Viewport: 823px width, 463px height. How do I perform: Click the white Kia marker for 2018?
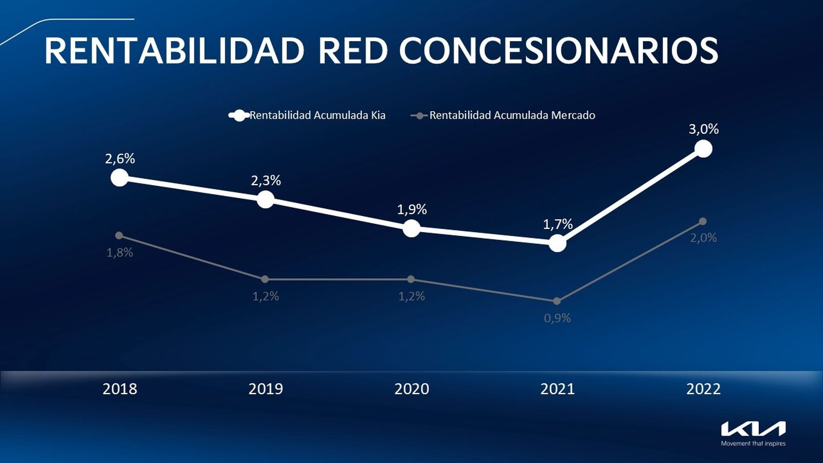[119, 177]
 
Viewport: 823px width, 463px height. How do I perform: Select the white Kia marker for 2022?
[703, 149]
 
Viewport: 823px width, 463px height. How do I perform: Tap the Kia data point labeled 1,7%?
[557, 243]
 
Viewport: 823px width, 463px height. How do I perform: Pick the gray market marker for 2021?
[557, 301]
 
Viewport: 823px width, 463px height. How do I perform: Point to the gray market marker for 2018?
[119, 235]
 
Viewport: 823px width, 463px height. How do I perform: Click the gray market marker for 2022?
[703, 221]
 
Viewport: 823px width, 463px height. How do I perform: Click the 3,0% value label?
[703, 129]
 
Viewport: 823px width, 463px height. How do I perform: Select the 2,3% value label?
[266, 181]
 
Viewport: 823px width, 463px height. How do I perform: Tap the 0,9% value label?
[557, 318]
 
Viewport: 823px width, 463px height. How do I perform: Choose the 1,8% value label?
[119, 253]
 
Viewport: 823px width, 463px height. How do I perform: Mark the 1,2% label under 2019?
[265, 296]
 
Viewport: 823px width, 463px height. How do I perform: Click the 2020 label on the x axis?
[411, 389]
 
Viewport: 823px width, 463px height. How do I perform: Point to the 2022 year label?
[703, 389]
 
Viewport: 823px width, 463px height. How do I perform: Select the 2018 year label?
[119, 389]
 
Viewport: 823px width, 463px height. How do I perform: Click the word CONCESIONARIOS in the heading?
[558, 50]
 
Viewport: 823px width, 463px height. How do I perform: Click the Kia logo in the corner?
[753, 429]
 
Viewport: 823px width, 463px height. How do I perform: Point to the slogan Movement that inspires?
[753, 443]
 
